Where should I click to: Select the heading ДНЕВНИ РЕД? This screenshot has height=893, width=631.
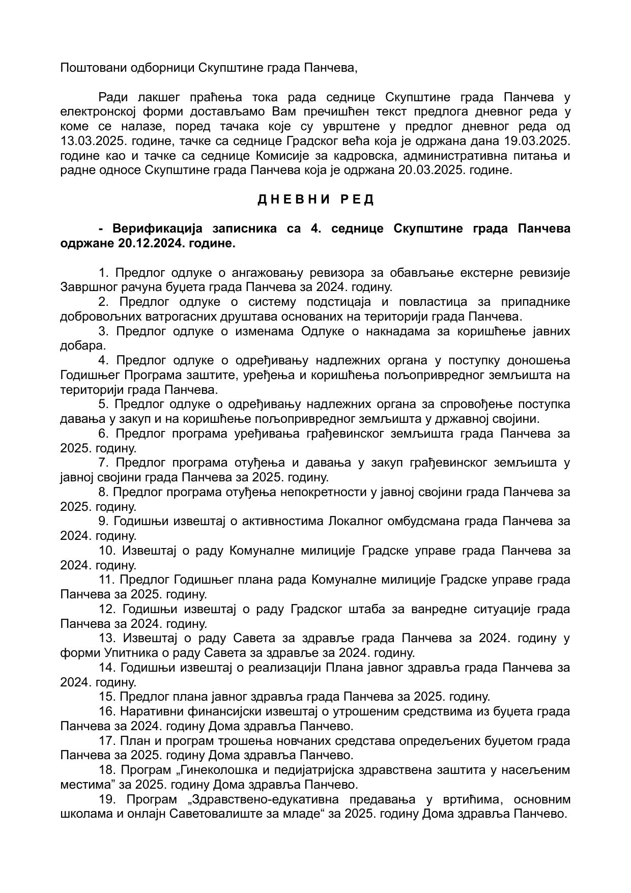315,199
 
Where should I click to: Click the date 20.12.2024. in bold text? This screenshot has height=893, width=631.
151,243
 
